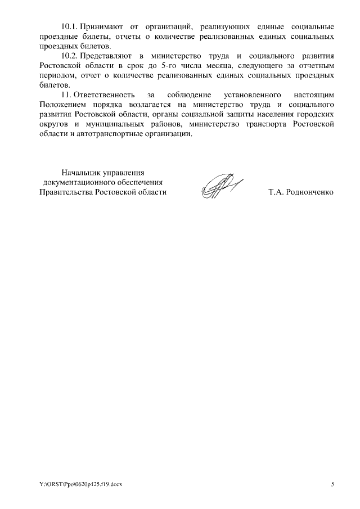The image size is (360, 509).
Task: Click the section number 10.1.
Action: coord(70,27)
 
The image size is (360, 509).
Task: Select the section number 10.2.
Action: coord(70,56)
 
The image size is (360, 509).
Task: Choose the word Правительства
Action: coord(66,192)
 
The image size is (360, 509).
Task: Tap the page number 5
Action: coord(332,484)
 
